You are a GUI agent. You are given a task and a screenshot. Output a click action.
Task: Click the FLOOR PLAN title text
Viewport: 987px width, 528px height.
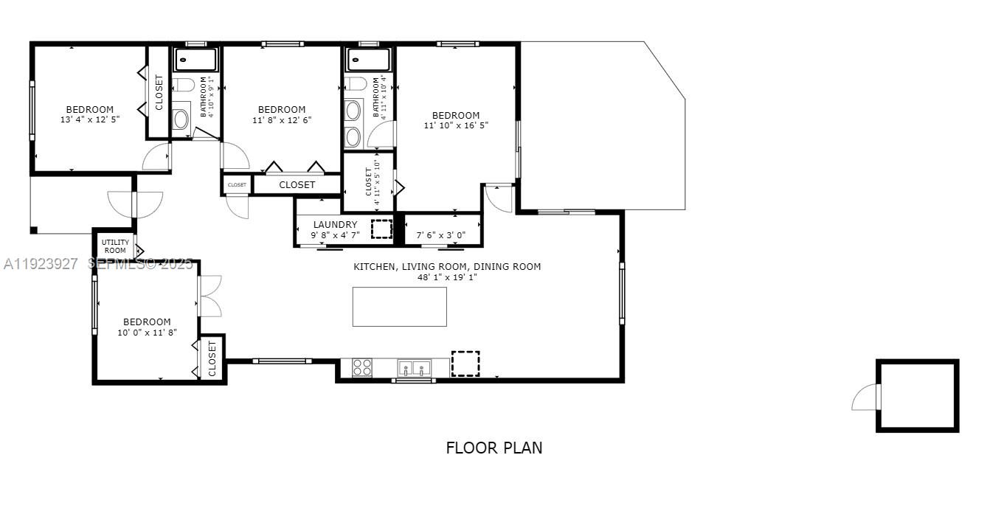tap(493, 448)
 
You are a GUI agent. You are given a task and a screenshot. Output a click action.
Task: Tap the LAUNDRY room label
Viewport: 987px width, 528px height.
tap(335, 224)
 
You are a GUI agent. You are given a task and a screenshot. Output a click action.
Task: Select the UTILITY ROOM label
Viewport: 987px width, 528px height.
tap(115, 246)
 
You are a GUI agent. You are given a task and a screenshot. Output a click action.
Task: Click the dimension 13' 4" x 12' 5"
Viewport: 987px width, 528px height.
tap(89, 119)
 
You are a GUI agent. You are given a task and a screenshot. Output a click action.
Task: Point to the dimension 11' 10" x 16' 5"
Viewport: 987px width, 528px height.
tap(456, 125)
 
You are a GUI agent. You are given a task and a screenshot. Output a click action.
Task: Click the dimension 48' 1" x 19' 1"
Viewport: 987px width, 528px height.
tap(447, 277)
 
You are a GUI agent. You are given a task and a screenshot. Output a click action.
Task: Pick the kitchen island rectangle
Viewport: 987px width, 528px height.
tap(399, 307)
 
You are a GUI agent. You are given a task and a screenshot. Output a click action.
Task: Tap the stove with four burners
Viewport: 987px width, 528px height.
tap(361, 367)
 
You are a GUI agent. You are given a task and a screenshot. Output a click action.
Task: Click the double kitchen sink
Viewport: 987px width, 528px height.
tap(414, 367)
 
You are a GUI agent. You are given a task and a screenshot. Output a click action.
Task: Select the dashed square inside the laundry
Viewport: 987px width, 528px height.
tap(382, 229)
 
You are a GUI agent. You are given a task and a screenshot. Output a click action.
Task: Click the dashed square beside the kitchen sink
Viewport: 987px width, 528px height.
tap(465, 364)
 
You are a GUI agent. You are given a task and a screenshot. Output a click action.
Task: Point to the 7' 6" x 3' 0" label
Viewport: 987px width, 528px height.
tap(441, 235)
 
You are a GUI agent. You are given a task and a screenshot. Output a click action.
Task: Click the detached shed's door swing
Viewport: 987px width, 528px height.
tap(864, 398)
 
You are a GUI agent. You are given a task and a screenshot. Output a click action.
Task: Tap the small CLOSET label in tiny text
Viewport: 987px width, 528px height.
tap(237, 185)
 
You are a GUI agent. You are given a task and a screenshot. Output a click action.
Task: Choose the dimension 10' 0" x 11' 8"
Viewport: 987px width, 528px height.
tap(146, 332)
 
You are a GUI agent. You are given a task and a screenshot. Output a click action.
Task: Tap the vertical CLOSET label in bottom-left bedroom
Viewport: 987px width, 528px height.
tap(212, 358)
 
